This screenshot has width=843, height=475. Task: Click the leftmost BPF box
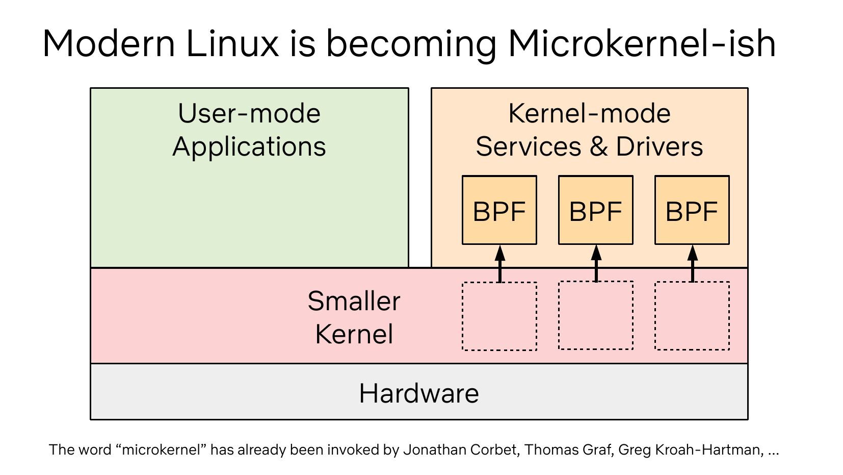click(x=499, y=210)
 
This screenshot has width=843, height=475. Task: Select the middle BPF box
click(x=595, y=210)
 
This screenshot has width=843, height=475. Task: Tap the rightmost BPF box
click(x=692, y=210)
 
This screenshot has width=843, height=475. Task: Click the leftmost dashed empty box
click(x=499, y=316)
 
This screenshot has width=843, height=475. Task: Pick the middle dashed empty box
click(x=595, y=315)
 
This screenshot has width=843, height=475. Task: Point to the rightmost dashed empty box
click(x=692, y=316)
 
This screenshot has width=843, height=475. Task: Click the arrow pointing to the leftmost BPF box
click(x=499, y=263)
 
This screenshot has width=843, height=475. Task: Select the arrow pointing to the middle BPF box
click(x=596, y=263)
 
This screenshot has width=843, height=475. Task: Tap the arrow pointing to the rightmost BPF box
click(x=692, y=263)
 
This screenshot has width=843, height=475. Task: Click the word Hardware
click(x=419, y=393)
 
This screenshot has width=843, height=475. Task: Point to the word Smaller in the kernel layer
click(x=354, y=301)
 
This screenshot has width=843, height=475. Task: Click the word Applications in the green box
click(x=249, y=147)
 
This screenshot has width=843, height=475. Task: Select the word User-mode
click(x=249, y=113)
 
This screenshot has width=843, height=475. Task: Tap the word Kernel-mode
click(x=589, y=113)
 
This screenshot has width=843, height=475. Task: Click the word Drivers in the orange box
click(x=660, y=147)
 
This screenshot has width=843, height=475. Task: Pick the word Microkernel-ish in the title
click(x=642, y=44)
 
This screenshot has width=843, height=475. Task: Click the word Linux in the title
click(x=232, y=44)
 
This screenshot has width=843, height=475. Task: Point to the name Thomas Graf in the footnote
click(x=568, y=450)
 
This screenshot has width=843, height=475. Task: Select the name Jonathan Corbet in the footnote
click(x=461, y=450)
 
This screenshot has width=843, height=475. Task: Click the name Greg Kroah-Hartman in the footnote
click(x=690, y=450)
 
